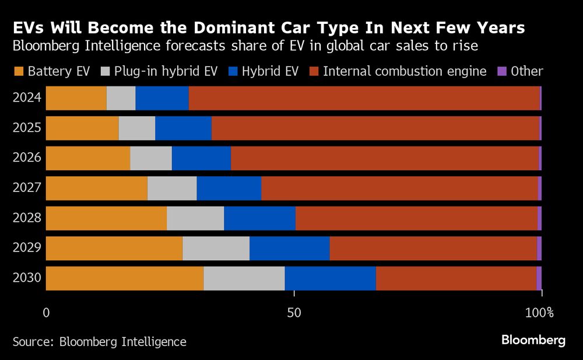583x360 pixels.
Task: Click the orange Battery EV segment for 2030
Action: coord(125,278)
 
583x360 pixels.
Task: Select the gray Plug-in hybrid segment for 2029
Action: coord(216,248)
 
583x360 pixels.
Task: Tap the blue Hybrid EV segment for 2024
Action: coord(162,97)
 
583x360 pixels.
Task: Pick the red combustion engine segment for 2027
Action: coord(399,187)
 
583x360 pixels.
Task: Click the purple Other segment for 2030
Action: coord(539,278)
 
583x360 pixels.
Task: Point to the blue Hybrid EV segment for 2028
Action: coord(259,218)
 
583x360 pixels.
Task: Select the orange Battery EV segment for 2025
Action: coord(82,128)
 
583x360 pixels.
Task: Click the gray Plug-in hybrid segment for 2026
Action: coord(151,158)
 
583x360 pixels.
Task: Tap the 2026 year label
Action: coord(27,158)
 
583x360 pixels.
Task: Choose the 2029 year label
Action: coord(27,248)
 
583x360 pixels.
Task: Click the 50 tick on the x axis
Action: coord(294,312)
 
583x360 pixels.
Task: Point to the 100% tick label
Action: coord(539,312)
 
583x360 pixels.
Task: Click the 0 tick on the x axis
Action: coord(46,312)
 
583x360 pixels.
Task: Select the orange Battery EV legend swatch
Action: coord(19,72)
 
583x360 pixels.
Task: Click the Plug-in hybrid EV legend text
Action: coord(166,72)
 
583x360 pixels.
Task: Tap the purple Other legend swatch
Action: coord(502,72)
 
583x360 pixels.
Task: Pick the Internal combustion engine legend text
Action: coord(405,72)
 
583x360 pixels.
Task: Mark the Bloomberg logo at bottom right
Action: coord(533,340)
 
